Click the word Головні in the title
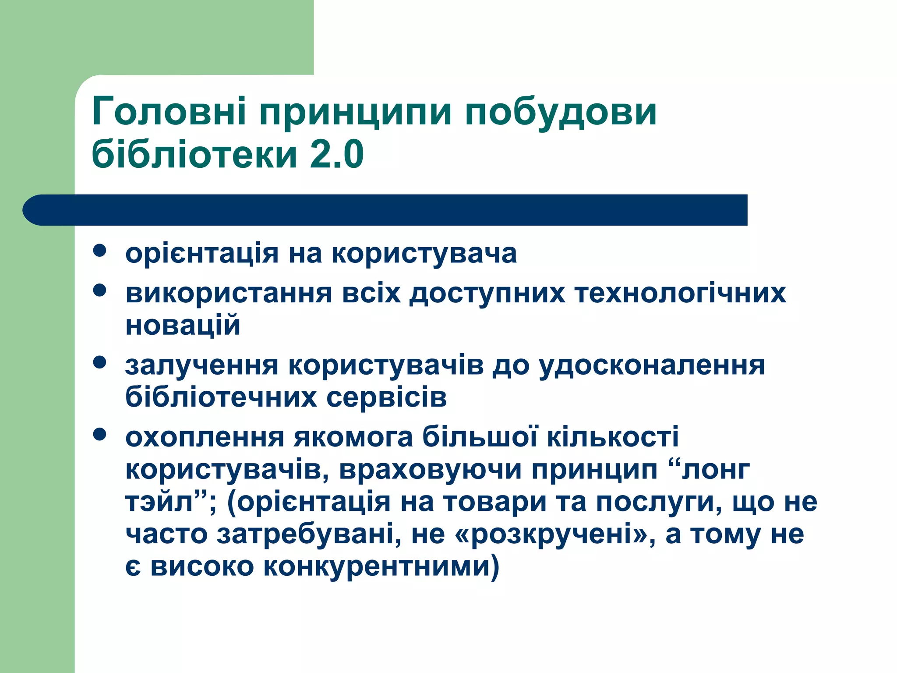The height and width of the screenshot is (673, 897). tap(169, 112)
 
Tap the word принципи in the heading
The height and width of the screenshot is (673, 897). tap(355, 113)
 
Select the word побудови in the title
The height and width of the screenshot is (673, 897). tap(560, 113)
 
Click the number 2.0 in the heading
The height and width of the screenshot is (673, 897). tap(336, 154)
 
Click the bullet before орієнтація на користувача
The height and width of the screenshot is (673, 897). tap(100, 251)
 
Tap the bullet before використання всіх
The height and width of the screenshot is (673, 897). tap(100, 290)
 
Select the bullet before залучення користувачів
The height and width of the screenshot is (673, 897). tap(100, 362)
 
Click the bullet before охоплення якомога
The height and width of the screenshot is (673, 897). tap(100, 434)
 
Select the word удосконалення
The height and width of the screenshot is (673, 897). tap(651, 366)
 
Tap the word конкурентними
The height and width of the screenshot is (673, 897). tap(377, 567)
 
